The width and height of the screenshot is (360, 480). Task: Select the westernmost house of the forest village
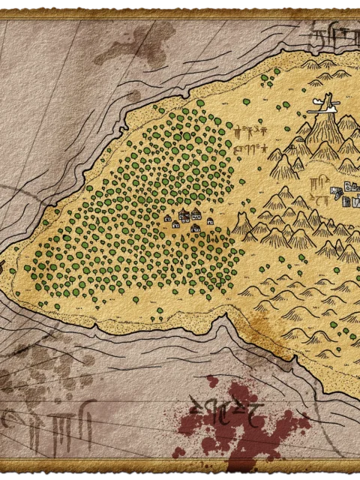tap(176, 223)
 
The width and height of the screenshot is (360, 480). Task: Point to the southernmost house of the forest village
tap(196, 228)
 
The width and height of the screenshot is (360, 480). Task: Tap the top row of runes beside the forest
tap(249, 131)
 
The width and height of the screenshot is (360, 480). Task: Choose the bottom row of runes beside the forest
tap(250, 148)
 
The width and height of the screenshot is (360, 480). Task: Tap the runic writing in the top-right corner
tap(330, 34)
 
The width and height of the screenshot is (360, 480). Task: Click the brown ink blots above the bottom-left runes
tap(30, 375)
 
